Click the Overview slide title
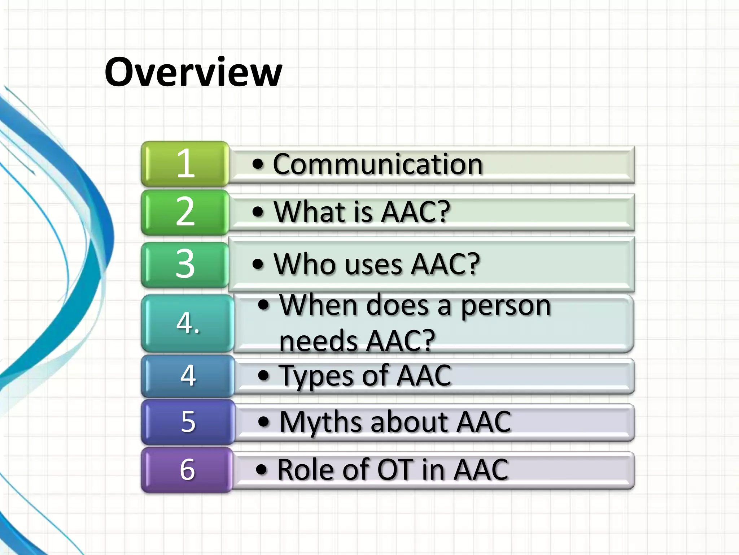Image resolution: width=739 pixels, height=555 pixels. [193, 72]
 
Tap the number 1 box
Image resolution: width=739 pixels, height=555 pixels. [185, 164]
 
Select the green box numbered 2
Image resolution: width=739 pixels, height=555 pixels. [185, 212]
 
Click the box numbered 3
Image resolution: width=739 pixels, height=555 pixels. [185, 264]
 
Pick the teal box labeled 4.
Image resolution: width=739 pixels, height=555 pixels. [188, 323]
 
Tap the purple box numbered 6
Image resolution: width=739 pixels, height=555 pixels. [187, 469]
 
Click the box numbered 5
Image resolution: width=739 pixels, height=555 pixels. [188, 422]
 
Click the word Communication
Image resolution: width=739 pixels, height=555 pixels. [377, 164]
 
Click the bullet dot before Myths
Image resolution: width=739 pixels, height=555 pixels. [264, 422]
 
